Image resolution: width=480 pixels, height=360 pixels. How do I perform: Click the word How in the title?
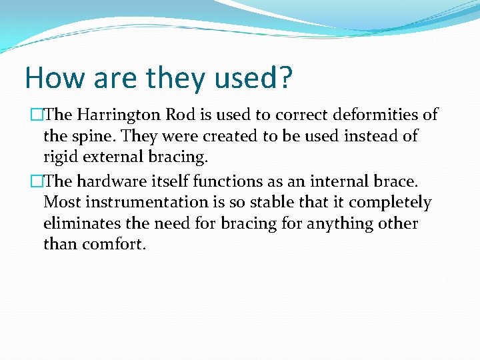52,78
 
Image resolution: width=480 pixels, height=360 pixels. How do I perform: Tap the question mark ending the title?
285,78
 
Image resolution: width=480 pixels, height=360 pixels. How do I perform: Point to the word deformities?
373,115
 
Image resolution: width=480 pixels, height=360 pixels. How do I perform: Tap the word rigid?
59,157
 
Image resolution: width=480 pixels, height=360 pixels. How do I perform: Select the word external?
111,157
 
